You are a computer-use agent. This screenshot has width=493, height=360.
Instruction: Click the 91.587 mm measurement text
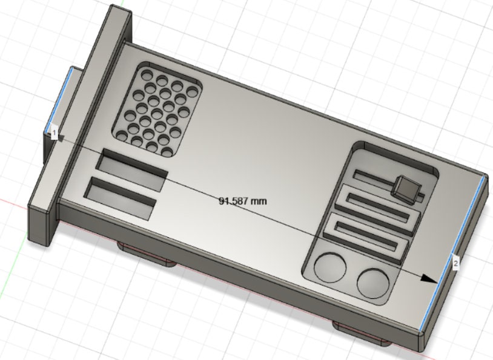pyautogui.click(x=242, y=200)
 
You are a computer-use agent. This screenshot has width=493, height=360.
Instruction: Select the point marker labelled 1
pyautogui.click(x=54, y=133)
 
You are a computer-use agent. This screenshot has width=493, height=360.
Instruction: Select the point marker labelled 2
pyautogui.click(x=455, y=263)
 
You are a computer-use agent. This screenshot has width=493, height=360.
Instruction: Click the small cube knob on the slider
pyautogui.click(x=405, y=188)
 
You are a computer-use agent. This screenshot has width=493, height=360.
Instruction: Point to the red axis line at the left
pyautogui.click(x=12, y=200)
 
